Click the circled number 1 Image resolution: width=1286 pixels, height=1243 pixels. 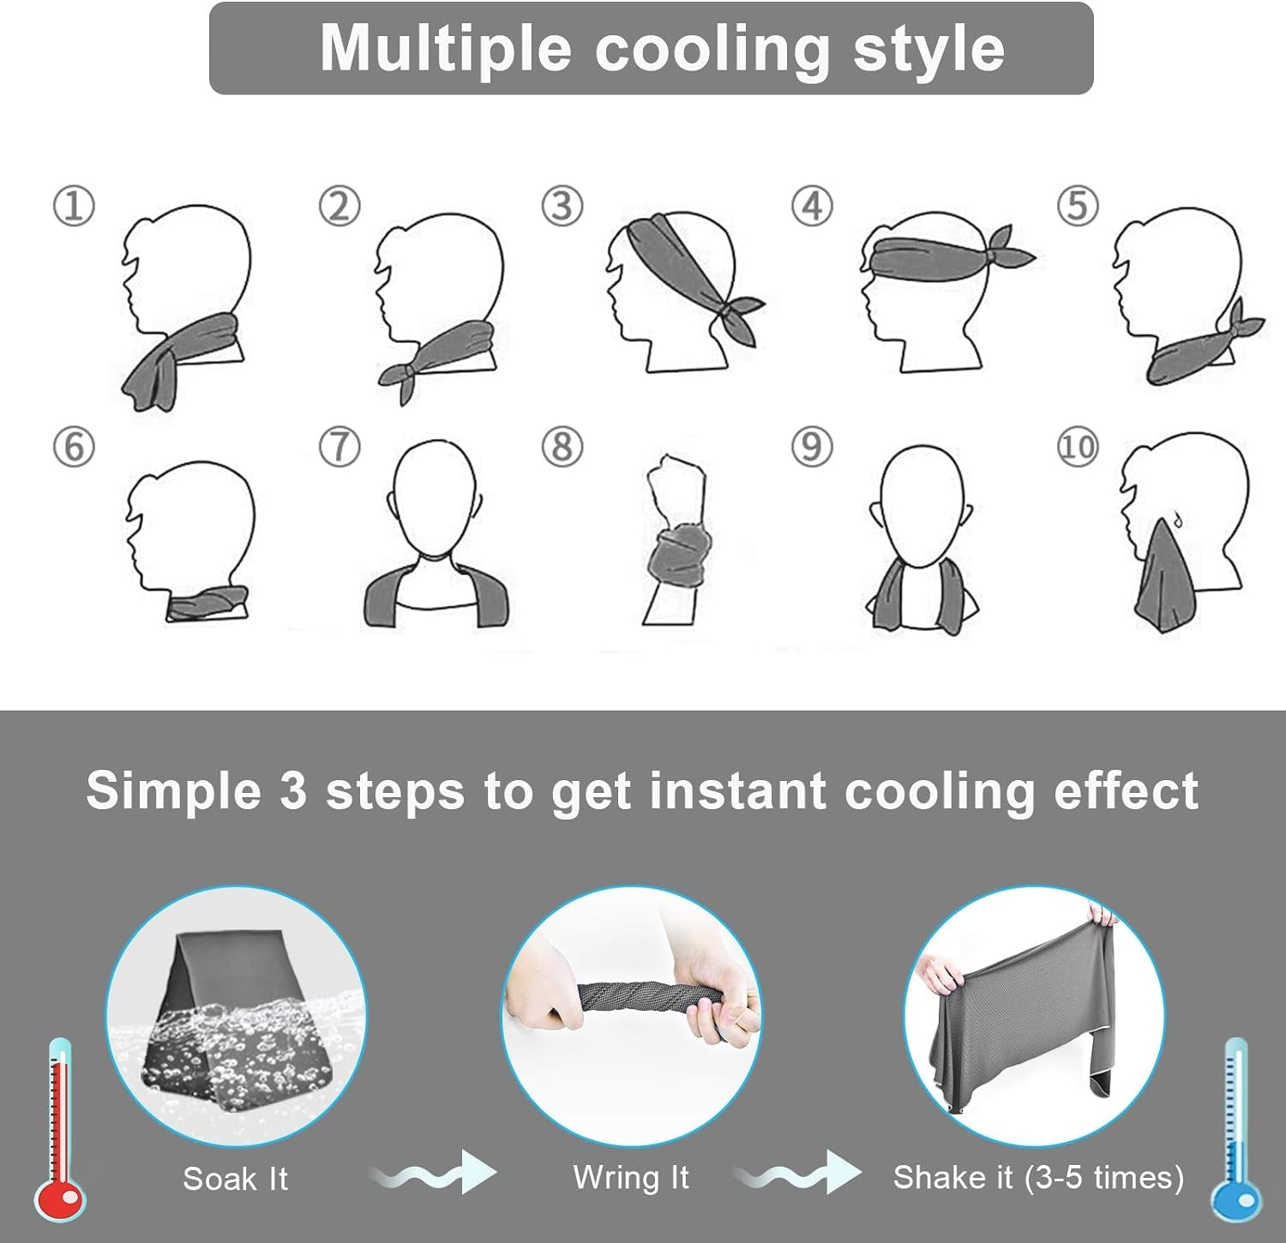tap(74, 207)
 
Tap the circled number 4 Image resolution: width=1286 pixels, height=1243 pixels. tap(812, 207)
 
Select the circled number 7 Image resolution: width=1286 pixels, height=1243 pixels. tap(340, 447)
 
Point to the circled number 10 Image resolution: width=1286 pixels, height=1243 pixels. tap(1078, 447)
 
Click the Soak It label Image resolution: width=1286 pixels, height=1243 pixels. tap(236, 1179)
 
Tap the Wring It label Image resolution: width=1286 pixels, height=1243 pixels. tap(631, 1178)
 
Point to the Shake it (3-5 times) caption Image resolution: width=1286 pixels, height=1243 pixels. tap(1038, 1178)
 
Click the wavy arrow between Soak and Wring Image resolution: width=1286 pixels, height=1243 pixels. tap(433, 1173)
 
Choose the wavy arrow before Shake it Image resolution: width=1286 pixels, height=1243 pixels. tap(798, 1173)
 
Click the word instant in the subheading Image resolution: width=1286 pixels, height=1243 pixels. tap(737, 790)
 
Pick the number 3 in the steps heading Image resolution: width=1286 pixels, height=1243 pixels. tap(292, 790)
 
